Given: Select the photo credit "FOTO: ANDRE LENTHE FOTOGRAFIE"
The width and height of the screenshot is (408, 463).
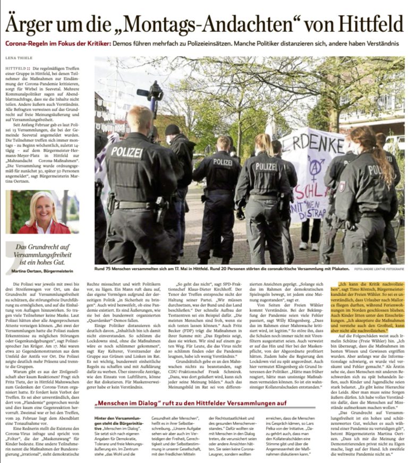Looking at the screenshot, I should tap(378, 269).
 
